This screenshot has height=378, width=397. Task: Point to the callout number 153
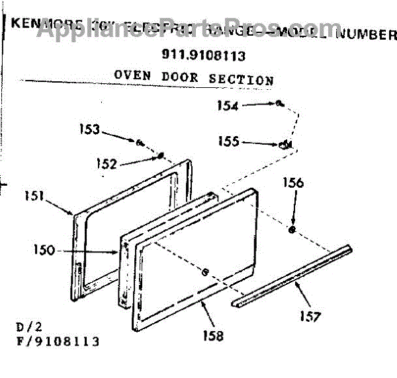pyautogui.click(x=91, y=130)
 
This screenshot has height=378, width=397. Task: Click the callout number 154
pyautogui.click(x=228, y=105)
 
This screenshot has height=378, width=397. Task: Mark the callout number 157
pyautogui.click(x=309, y=316)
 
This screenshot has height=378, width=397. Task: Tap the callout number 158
pyautogui.click(x=214, y=336)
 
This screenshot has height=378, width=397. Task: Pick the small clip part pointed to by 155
pyautogui.click(x=287, y=145)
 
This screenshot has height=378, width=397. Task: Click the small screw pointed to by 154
pyautogui.click(x=280, y=103)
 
